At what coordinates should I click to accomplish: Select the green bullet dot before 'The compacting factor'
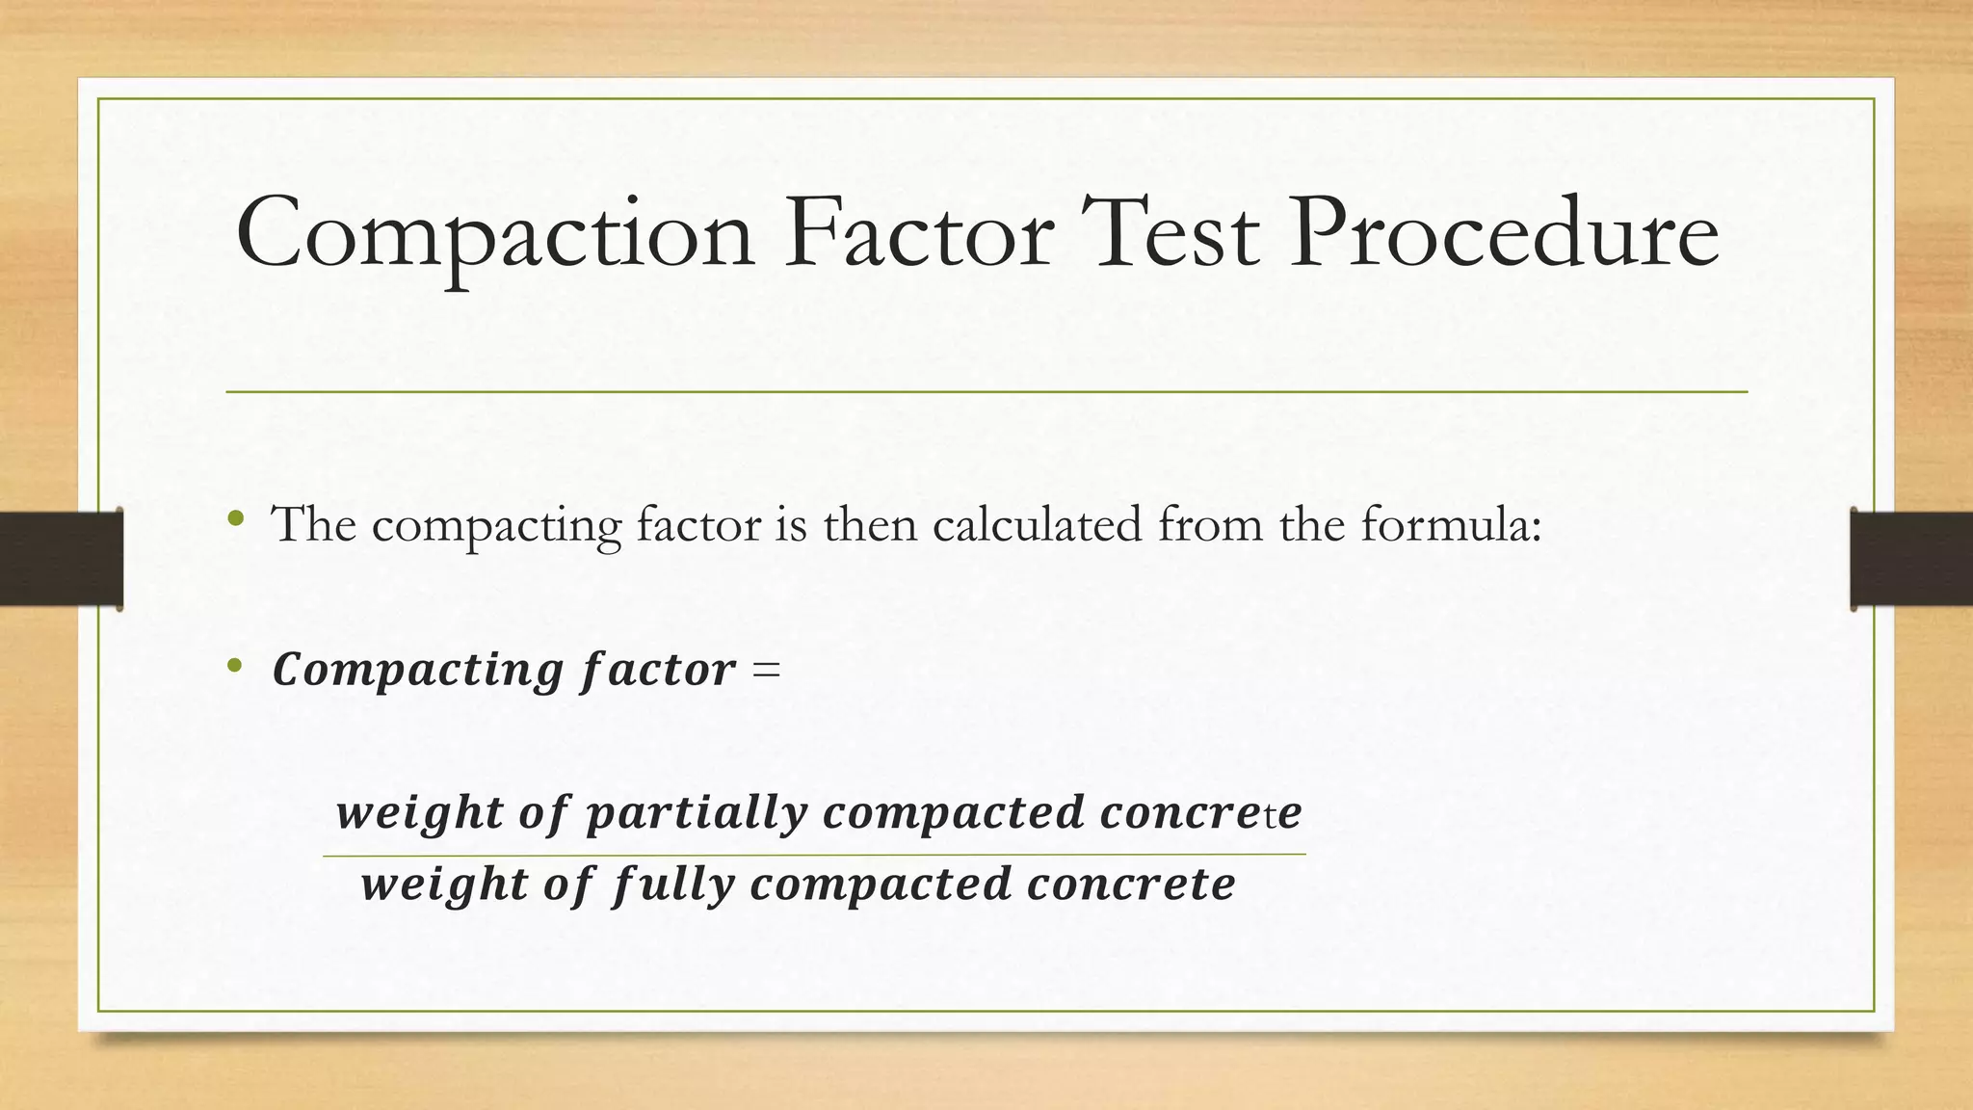coord(235,520)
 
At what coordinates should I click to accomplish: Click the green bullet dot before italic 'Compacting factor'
coord(234,666)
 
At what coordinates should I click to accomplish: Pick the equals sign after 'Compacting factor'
coord(767,670)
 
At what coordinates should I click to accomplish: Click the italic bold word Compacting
coord(418,670)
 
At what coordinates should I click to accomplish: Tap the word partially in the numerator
coord(697,814)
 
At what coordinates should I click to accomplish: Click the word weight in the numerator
coord(419,814)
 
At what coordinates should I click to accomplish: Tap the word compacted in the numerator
coord(954,814)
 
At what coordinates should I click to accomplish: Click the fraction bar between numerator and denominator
coord(814,855)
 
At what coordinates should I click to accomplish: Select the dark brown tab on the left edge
coord(61,559)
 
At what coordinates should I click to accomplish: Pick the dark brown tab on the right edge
coord(1911,559)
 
